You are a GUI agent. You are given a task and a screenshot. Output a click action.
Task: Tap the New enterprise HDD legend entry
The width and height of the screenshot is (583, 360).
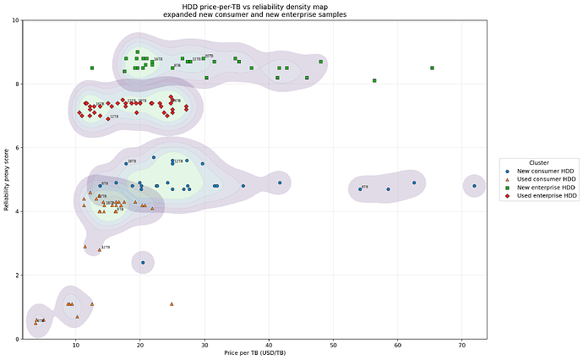542,188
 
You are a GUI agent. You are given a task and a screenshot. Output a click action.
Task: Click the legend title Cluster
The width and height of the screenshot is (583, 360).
539,162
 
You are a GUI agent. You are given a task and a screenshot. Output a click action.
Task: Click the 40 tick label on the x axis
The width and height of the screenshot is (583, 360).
269,345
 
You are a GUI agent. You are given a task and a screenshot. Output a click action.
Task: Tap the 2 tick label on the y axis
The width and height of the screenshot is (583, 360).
18,275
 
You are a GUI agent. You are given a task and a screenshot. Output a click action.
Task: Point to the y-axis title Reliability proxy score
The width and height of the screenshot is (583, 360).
6,179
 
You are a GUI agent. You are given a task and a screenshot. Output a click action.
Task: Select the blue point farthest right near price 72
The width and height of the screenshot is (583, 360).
474,186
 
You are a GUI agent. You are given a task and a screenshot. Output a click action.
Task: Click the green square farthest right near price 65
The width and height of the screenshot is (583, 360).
432,68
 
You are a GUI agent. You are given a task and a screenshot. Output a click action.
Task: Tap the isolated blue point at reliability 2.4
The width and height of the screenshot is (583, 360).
143,263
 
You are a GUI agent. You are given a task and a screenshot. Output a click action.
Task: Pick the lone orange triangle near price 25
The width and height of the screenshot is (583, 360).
172,303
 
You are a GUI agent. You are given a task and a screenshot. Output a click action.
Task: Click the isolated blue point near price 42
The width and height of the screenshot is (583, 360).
280,183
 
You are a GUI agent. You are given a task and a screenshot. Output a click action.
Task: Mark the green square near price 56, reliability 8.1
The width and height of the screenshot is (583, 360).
374,80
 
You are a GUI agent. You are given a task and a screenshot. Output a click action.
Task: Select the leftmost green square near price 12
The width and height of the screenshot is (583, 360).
92,68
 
